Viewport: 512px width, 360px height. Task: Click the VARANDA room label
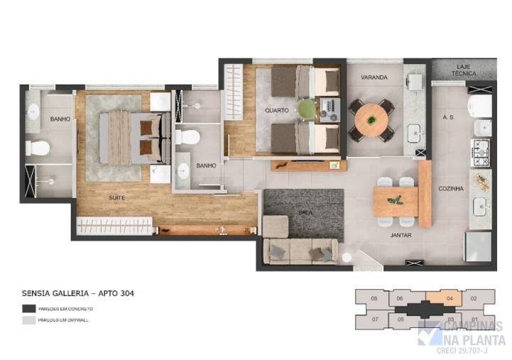tap(374, 77)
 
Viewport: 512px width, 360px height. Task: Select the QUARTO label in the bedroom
tap(276, 111)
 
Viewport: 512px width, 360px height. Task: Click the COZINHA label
tap(452, 189)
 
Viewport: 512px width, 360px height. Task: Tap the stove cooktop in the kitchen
tap(480, 150)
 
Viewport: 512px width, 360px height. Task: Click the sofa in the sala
tap(299, 250)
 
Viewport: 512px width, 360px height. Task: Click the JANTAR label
tap(401, 234)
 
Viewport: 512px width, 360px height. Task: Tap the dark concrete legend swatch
tap(29, 309)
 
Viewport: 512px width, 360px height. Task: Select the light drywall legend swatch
tap(29, 320)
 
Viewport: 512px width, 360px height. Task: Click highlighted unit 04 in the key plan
tap(450, 299)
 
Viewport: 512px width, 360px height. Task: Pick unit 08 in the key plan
tap(374, 299)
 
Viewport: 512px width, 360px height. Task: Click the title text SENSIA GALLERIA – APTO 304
tap(78, 293)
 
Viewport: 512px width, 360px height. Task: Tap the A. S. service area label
tap(447, 117)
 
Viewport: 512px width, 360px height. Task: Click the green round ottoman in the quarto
tap(306, 108)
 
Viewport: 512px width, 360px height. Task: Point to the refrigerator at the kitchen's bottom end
tap(478, 246)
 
